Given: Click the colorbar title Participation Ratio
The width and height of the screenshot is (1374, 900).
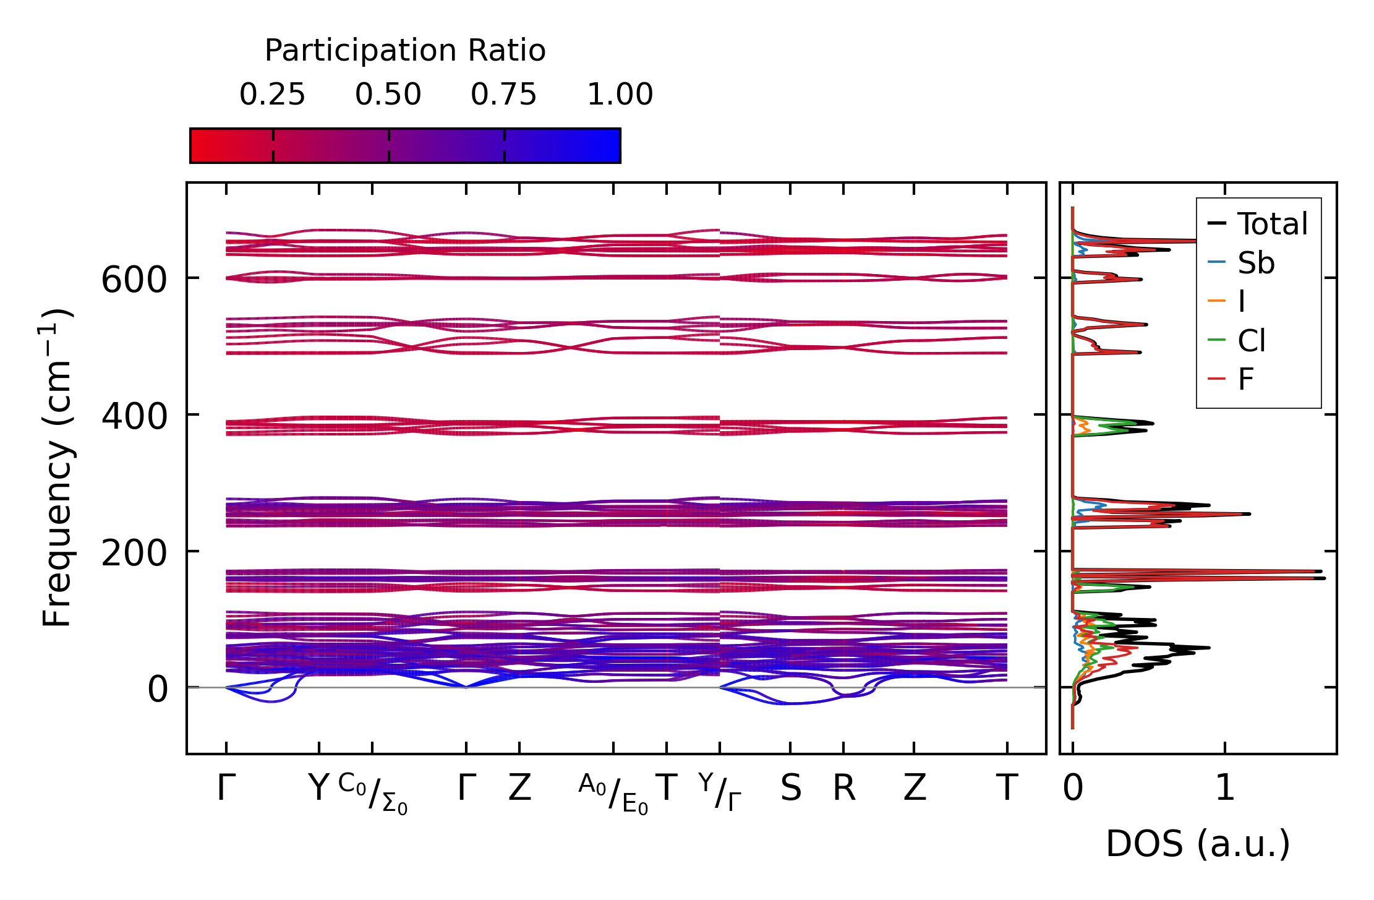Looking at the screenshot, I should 405,51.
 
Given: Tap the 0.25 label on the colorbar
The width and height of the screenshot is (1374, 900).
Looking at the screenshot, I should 272,95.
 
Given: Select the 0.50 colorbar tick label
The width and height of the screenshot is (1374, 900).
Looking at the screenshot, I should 388,95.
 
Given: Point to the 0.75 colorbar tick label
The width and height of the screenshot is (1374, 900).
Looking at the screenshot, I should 503,95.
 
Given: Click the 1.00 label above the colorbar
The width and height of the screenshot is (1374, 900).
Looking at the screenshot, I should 620,95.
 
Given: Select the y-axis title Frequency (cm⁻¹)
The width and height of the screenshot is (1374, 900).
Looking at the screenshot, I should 57,468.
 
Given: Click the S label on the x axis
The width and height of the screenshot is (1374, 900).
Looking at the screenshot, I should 791,789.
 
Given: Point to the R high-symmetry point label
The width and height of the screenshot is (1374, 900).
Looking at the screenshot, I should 844,789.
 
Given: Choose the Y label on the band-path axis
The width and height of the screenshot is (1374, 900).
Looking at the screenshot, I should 318,789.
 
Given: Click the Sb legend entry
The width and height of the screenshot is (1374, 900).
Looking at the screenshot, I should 1256,263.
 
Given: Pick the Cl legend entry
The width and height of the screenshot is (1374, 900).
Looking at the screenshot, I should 1252,340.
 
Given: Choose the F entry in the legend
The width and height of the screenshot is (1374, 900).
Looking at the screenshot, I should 1245,379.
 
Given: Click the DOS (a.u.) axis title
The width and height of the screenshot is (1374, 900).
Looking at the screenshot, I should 1198,844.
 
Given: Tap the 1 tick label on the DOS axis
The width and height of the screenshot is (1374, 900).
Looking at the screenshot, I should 1225,789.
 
